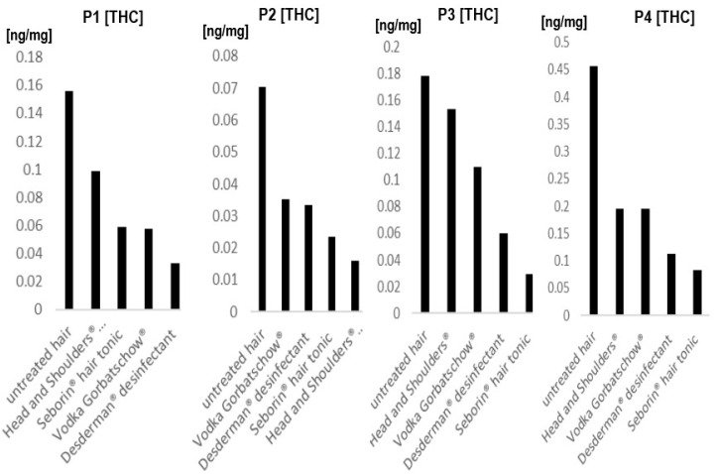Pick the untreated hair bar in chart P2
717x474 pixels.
262,198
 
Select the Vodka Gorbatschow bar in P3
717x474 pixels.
476,239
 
